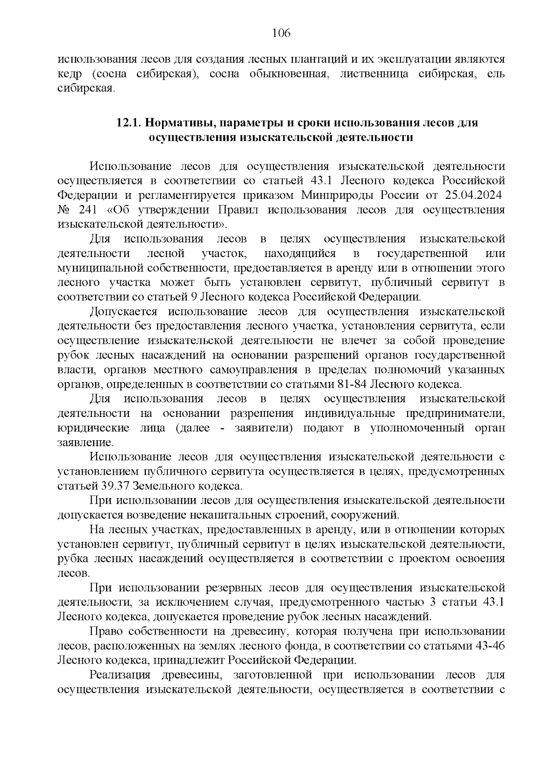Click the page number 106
coord(281,33)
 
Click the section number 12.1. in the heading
coord(129,123)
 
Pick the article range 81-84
coord(351,384)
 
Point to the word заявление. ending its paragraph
coord(85,442)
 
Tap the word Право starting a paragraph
coord(106,631)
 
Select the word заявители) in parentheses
coord(264,428)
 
